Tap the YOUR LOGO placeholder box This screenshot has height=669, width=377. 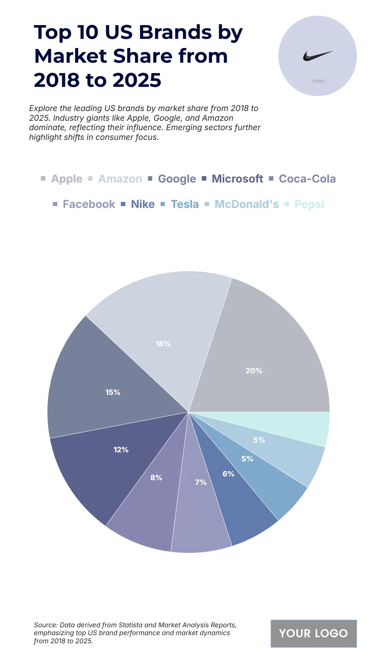point(314,633)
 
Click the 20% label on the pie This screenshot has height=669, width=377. point(254,371)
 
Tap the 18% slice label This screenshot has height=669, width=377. point(163,344)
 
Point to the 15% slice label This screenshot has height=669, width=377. point(113,392)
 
